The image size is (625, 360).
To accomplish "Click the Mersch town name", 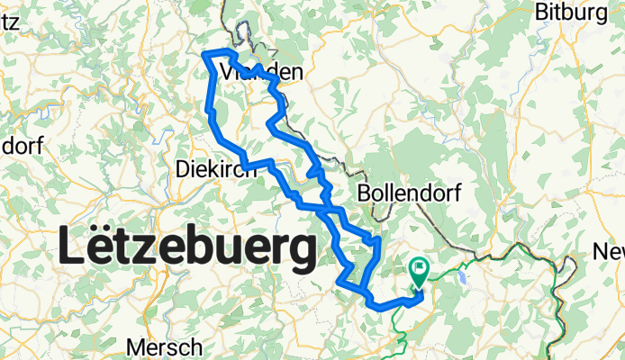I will click(163, 347).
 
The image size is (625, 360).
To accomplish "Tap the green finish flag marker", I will click(420, 271).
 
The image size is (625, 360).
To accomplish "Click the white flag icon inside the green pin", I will click(420, 267).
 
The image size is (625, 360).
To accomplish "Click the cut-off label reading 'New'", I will click(611, 251).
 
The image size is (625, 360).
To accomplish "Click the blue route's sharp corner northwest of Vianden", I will click(208, 55).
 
